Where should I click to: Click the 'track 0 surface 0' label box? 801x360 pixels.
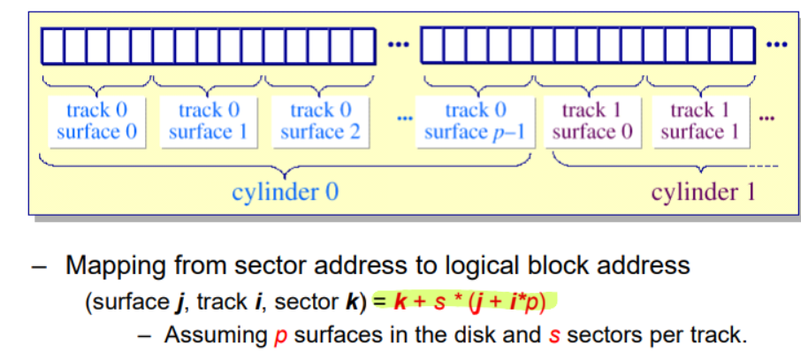(x=97, y=121)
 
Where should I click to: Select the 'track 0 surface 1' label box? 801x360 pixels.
(x=209, y=121)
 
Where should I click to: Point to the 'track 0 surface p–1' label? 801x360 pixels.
(x=476, y=121)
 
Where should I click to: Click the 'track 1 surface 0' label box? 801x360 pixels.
(x=592, y=121)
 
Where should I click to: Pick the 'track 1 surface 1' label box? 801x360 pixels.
(x=699, y=121)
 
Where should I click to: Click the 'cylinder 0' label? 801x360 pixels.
(x=285, y=191)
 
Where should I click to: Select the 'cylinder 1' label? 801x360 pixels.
(x=704, y=191)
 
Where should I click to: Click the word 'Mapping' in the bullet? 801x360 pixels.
(x=111, y=264)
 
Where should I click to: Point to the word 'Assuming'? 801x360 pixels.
(x=214, y=335)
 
